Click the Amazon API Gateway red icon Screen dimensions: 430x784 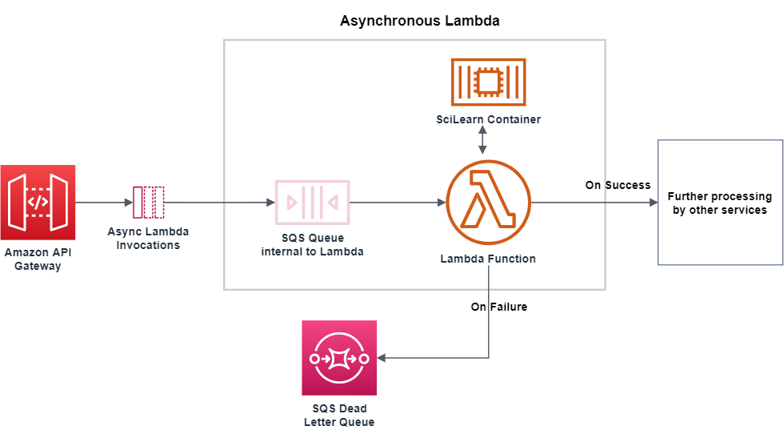click(38, 202)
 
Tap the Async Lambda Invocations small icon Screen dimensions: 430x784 click(148, 202)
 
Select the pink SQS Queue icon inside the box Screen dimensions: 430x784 click(312, 202)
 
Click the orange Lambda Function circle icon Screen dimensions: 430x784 click(488, 202)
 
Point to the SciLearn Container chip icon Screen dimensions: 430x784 click(488, 82)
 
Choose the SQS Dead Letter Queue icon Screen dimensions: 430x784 click(339, 358)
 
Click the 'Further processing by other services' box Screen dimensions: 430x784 click(719, 203)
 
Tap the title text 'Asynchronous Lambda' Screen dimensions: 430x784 click(419, 21)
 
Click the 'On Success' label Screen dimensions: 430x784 click(618, 185)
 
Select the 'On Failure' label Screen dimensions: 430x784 click(498, 307)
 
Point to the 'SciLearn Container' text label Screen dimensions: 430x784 click(488, 119)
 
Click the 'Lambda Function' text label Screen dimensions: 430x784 click(488, 259)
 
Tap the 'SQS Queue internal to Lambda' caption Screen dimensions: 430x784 click(312, 246)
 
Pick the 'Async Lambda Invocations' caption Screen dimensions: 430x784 click(148, 238)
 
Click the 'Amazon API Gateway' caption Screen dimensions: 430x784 click(38, 259)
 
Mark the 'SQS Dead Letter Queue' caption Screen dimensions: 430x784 click(339, 416)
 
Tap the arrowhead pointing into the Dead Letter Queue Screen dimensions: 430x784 click(382, 358)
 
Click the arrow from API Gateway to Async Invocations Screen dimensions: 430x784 click(103, 203)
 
